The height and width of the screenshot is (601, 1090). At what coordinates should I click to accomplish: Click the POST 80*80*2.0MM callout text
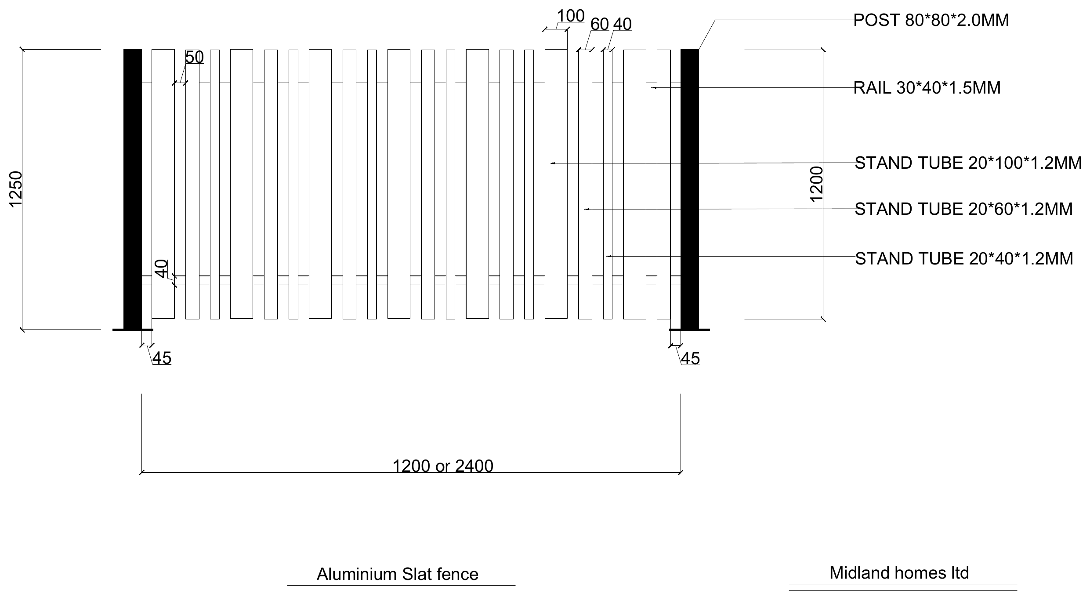pos(931,21)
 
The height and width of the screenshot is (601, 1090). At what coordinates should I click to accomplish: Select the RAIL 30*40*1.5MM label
pos(927,88)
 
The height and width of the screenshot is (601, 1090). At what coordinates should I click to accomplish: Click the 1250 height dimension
pos(16,189)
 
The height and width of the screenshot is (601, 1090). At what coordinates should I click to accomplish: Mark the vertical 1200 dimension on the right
pos(816,184)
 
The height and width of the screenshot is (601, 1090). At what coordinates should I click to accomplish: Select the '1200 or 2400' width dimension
pos(442,466)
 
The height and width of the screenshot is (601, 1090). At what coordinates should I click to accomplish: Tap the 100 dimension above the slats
pos(571,16)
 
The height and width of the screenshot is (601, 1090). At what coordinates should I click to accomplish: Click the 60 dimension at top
pos(599,25)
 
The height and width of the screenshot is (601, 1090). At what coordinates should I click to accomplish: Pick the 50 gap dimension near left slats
pos(194,58)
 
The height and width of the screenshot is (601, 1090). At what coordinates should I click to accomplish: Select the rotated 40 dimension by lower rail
pos(162,268)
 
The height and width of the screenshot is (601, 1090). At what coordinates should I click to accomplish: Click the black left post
pos(133,189)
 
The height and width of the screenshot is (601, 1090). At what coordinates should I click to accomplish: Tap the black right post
pos(689,189)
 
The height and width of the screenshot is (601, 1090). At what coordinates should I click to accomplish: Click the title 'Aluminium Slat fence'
pos(397,574)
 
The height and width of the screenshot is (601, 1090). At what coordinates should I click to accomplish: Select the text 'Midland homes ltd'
pos(899,573)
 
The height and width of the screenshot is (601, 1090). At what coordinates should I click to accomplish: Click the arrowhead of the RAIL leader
pos(653,88)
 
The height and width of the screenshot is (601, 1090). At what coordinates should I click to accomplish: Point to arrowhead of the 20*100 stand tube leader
pos(552,163)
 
